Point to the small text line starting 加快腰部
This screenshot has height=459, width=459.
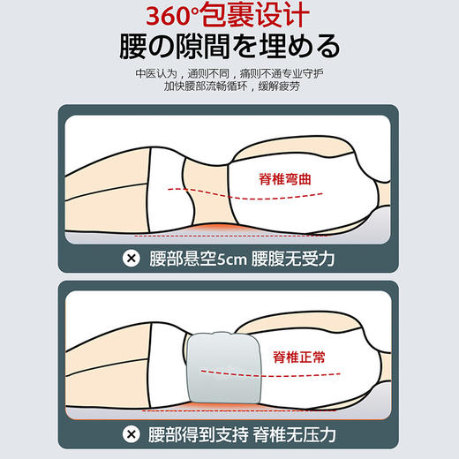229,90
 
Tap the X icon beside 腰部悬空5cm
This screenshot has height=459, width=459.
132,258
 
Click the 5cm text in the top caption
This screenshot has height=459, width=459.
227,258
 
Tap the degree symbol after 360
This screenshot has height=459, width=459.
204,11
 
